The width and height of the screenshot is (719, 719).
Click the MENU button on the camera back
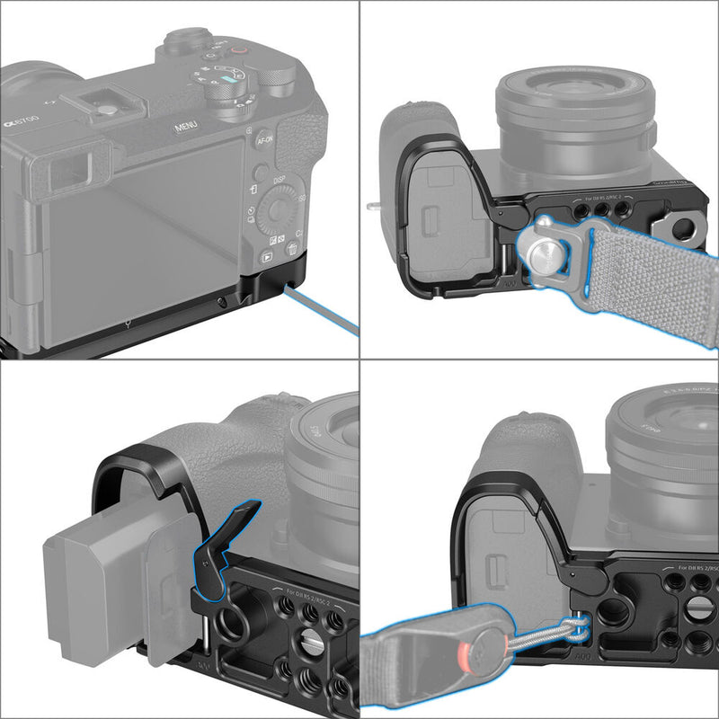(x=186, y=127)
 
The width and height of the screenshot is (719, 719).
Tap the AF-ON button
(x=264, y=140)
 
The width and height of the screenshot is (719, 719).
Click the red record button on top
(x=238, y=51)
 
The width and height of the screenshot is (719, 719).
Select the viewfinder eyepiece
(x=67, y=166)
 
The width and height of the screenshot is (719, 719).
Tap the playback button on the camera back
(x=266, y=256)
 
